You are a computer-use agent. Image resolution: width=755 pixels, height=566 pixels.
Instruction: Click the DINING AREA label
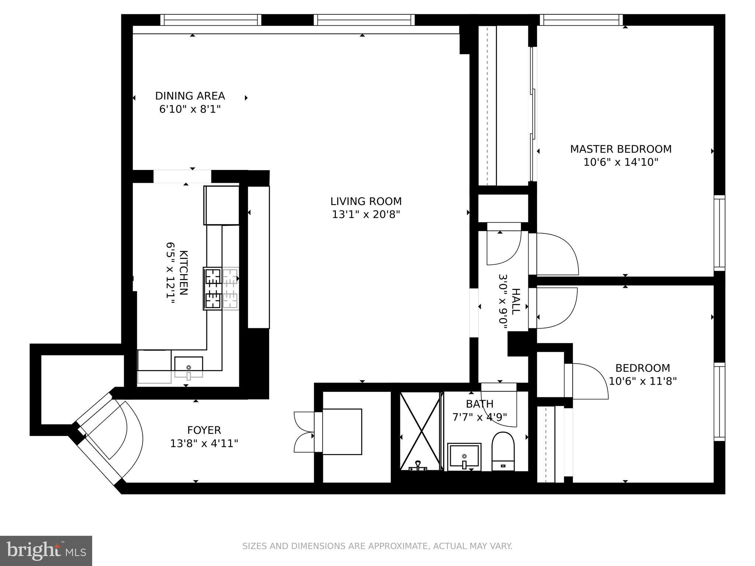point(190,96)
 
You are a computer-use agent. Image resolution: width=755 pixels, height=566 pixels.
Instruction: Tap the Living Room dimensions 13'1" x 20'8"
point(366,214)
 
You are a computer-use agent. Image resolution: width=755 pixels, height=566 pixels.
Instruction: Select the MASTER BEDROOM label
point(620,149)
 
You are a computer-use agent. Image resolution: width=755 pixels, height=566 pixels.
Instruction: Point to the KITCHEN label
point(183,273)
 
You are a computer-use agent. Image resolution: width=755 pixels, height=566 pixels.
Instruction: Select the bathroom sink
point(464,457)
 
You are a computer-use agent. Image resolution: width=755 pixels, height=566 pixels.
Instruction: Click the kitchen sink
point(188,367)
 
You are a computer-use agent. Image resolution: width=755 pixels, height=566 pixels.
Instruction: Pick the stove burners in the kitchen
point(213,288)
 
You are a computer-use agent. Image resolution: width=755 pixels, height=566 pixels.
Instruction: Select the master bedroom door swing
point(557,254)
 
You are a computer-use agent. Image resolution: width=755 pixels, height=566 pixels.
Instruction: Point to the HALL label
point(515,301)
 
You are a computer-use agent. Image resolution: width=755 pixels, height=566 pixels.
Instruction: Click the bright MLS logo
point(46,551)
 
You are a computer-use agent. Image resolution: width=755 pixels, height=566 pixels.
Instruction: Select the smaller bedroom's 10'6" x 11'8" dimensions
point(643,381)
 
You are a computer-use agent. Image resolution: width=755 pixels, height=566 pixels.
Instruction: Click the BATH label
point(479,404)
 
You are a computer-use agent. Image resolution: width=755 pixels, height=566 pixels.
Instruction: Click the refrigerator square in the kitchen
point(222,205)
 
